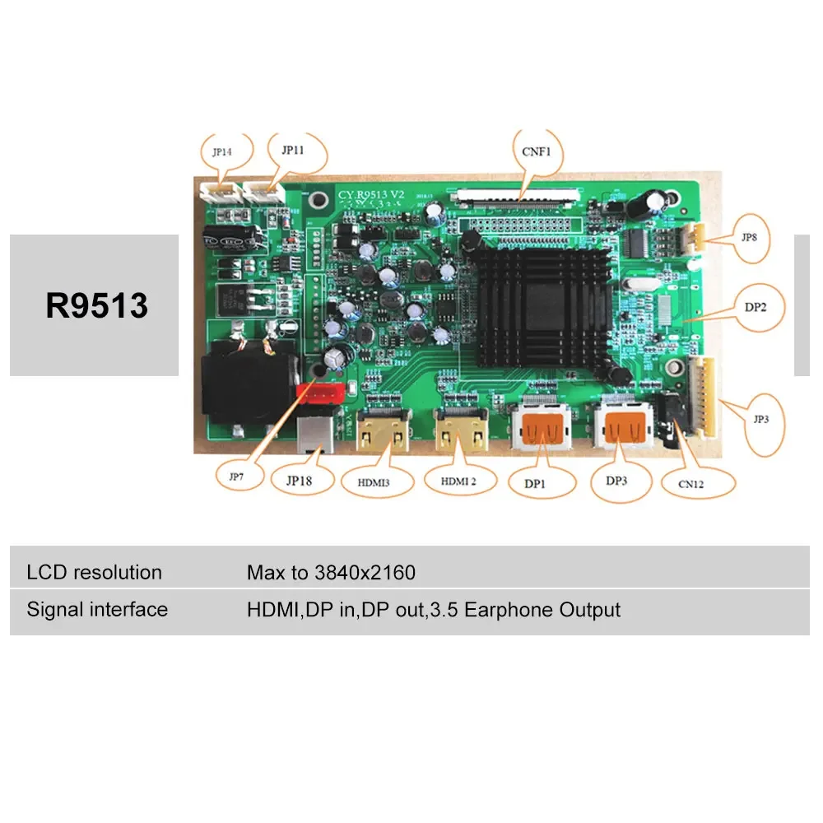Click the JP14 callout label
221,152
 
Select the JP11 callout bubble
293,151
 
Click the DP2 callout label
756,306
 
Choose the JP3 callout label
760,418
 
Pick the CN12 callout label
691,484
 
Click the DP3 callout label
616,482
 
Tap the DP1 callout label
536,484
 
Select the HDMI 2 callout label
459,481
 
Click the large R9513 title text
97,305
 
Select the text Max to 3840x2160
331,572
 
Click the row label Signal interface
97,610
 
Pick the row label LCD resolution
94,572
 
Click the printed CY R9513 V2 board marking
371,194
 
